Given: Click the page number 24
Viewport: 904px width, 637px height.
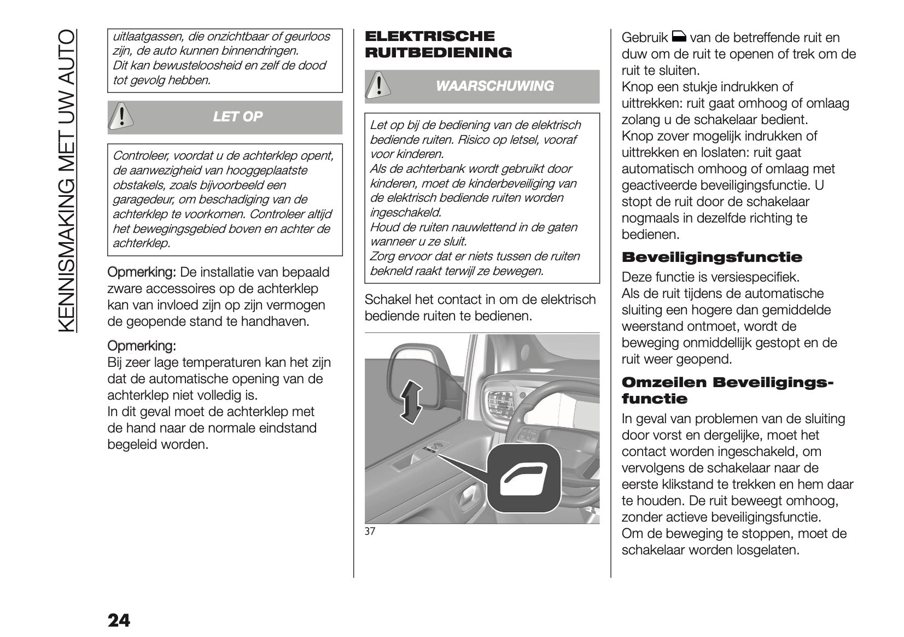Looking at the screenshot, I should click(x=119, y=620).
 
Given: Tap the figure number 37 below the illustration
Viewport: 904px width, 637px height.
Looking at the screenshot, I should click(x=370, y=531).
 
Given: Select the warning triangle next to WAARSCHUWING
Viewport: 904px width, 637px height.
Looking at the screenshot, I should click(x=377, y=86).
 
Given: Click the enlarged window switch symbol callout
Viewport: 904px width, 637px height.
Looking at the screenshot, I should click(x=523, y=478).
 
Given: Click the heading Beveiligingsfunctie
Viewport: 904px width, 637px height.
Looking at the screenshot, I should click(x=712, y=258).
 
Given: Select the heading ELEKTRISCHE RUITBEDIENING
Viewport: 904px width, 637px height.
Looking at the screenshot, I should click(x=438, y=45).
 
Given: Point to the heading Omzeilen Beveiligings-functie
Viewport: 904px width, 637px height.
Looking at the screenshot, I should click(x=727, y=390).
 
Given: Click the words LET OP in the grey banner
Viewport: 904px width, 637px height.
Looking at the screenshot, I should click(x=237, y=116).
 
